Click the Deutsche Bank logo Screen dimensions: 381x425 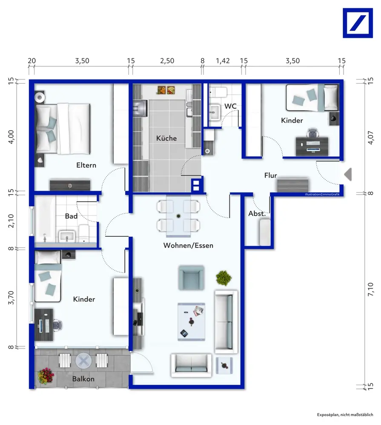pos(358,23)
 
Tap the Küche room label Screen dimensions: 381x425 pos(166,138)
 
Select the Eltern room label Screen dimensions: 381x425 pos(86,165)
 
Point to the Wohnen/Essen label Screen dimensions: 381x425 pos(188,245)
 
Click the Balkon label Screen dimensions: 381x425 pos(83,379)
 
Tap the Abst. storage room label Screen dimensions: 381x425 pos(257,214)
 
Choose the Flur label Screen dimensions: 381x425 pos(270,176)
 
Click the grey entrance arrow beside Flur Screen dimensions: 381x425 pos(348,174)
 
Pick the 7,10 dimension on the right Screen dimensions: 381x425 pos(370,289)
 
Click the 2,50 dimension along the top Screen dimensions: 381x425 pos(167,61)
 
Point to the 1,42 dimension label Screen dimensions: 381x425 pos(223,61)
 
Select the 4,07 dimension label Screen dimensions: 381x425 pos(370,138)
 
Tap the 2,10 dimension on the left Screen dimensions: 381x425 pos(11,221)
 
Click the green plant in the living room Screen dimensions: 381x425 pos(224,278)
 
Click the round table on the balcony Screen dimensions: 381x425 pos(83,361)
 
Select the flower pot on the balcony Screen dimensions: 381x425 pos(46,376)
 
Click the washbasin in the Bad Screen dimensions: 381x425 pos(67,236)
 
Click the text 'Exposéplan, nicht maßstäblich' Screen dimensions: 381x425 pos(345,415)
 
